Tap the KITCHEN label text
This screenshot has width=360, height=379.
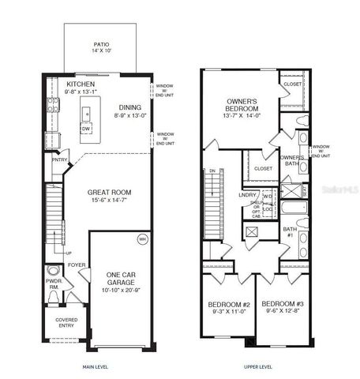[82, 84]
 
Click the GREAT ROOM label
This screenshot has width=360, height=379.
[109, 193]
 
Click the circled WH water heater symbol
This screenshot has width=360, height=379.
[143, 238]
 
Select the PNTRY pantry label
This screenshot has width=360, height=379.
[60, 161]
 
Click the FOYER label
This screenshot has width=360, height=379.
[77, 266]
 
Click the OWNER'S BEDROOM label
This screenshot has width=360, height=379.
[242, 107]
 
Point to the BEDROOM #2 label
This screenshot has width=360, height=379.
[229, 305]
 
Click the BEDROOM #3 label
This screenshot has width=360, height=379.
[282, 305]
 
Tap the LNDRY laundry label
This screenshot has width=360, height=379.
[246, 194]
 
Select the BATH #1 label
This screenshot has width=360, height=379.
[291, 231]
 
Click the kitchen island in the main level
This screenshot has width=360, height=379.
[84, 119]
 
